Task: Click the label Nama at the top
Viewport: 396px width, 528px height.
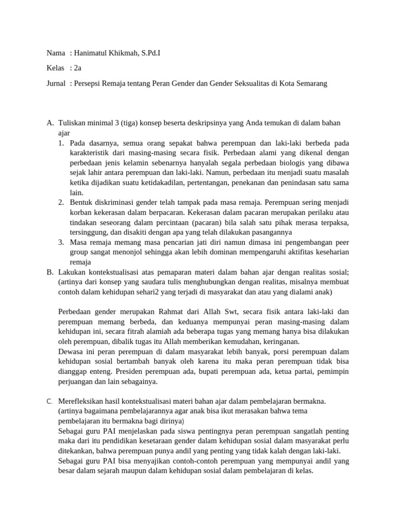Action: click(56, 53)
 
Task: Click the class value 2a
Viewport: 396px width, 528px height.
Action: click(78, 68)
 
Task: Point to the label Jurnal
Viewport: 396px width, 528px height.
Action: click(56, 83)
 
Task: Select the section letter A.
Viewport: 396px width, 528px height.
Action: click(50, 123)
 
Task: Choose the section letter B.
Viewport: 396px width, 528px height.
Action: click(50, 272)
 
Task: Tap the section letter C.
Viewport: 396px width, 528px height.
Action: click(49, 401)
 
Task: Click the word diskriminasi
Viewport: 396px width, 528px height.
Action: click(114, 203)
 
